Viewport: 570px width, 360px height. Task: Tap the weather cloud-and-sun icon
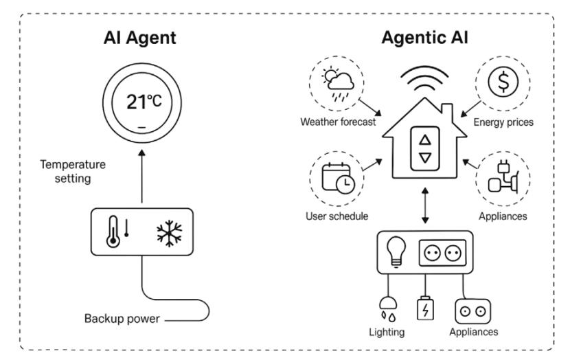(x=337, y=88)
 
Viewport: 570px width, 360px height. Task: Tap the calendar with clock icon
(x=338, y=177)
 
